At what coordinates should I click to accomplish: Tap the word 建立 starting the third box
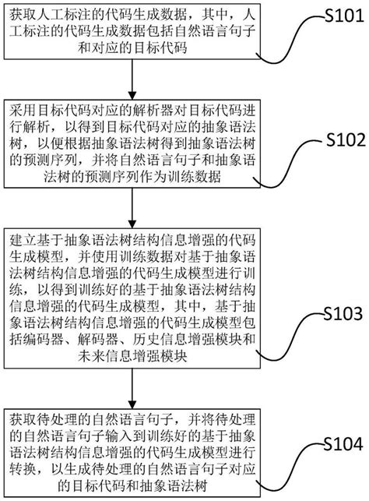[x=23, y=235]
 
